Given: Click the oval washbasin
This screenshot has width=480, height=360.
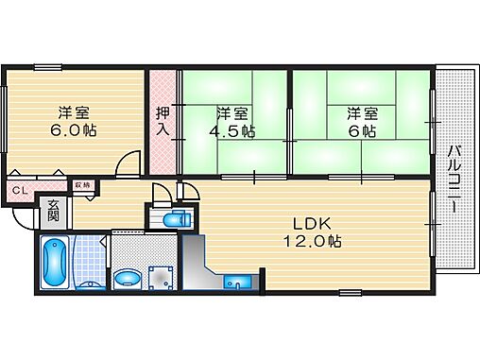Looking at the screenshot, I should point(126,279).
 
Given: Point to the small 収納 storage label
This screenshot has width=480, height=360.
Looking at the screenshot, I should point(82,185).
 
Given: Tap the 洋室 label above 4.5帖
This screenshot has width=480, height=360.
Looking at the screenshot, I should point(231,112).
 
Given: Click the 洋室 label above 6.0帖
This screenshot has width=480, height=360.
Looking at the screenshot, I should point(75,110).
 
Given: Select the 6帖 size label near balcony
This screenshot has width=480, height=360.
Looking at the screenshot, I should point(357,131).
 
